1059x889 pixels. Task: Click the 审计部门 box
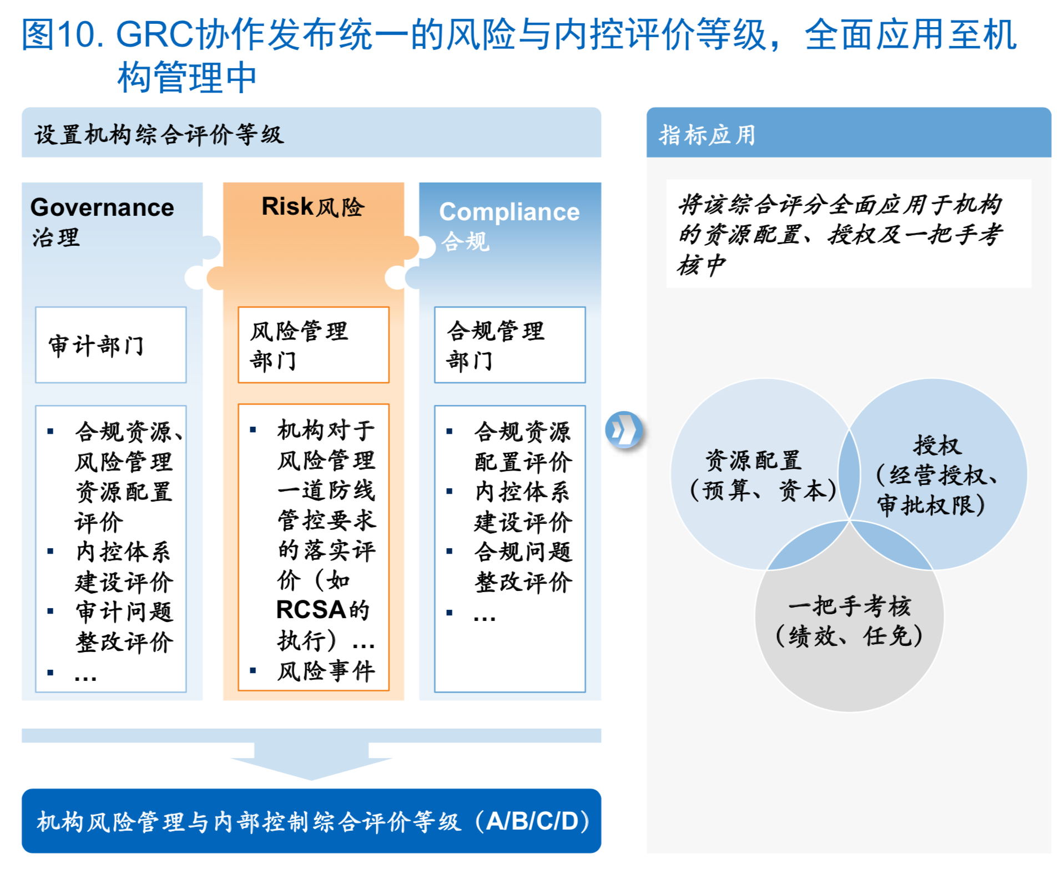[110, 345]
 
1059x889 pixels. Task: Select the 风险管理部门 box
[313, 345]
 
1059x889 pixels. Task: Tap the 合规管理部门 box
[510, 345]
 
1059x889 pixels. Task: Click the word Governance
[102, 207]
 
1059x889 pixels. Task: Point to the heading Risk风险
[313, 206]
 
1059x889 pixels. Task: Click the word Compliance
[509, 212]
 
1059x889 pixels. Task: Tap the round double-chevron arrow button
[624, 430]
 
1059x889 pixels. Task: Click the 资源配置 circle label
[753, 460]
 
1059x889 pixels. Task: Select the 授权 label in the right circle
[937, 445]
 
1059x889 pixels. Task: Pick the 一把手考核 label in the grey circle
[849, 605]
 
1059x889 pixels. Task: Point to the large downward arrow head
[311, 768]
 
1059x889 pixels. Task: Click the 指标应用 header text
[707, 135]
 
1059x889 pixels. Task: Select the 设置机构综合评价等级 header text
[159, 135]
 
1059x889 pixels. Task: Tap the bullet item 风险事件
[326, 671]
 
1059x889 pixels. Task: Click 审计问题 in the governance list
[124, 612]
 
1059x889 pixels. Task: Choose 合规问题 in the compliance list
[523, 552]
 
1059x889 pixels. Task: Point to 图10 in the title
[58, 34]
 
